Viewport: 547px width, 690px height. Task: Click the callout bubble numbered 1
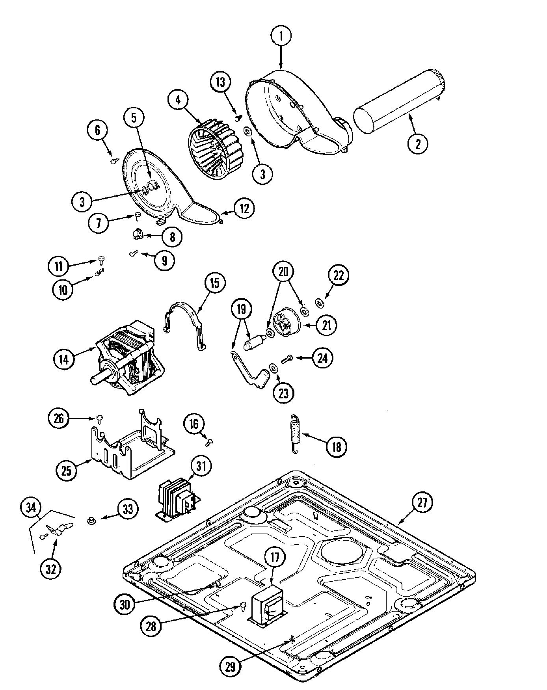(281, 36)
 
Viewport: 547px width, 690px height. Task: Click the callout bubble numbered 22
(339, 276)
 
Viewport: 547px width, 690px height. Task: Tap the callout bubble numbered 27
(422, 503)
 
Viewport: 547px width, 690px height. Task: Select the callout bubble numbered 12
(244, 209)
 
